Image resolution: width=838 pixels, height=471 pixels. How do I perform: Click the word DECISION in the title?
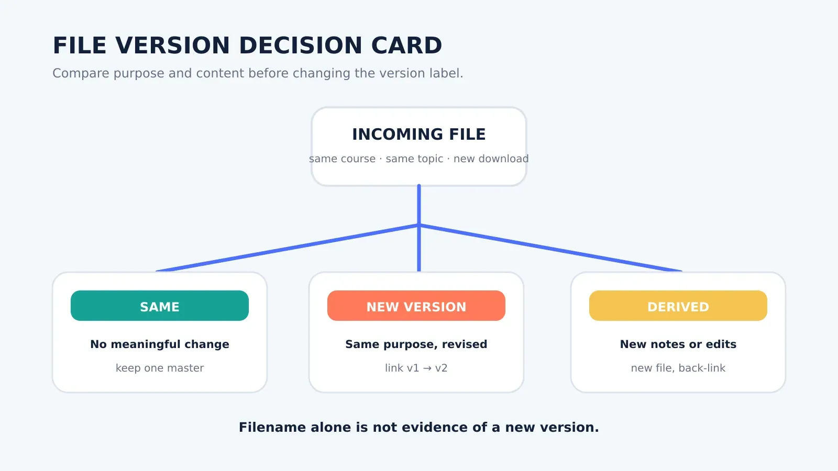point(300,46)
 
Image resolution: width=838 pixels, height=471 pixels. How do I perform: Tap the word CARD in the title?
point(406,46)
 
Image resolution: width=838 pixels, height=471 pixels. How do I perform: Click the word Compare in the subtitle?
point(81,73)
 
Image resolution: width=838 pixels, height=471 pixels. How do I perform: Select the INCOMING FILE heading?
point(418,134)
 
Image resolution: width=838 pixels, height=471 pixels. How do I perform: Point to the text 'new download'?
point(491,159)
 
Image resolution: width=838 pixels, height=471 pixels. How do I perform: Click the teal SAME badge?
point(160,306)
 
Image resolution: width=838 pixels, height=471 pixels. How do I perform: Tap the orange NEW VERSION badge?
point(416,306)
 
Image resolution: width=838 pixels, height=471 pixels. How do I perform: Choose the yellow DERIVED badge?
point(678,306)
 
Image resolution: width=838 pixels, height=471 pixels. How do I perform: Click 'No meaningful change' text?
point(160,344)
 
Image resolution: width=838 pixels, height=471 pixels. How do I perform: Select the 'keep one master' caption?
point(160,368)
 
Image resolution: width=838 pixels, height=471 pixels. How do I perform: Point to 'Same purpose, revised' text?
point(416,344)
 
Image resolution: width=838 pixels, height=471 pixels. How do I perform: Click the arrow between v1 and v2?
point(427,368)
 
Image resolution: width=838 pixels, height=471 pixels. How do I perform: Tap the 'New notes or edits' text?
point(678,344)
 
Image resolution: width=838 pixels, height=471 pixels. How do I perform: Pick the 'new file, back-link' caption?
point(678,368)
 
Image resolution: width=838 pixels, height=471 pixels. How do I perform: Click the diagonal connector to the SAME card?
point(288,248)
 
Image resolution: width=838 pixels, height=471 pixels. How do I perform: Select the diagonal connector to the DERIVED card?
point(550,248)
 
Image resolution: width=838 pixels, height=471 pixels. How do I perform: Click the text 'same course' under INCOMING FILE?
point(342,159)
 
